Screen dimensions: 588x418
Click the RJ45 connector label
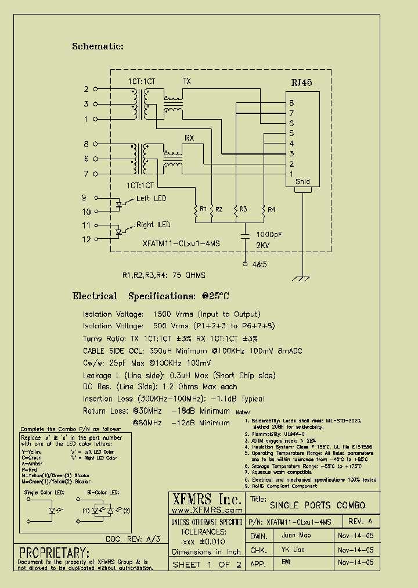click(302, 83)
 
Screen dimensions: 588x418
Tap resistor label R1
click(203, 209)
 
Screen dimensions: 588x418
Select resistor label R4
click(272, 209)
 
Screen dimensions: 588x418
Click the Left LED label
click(151, 199)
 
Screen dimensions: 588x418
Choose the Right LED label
click(153, 225)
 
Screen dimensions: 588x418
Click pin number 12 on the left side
click(86, 239)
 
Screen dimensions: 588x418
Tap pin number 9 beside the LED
click(84, 198)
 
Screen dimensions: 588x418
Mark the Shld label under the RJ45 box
click(302, 182)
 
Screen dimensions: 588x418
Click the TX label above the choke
click(187, 81)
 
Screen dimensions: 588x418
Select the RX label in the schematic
click(189, 137)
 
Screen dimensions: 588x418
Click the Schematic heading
click(98, 46)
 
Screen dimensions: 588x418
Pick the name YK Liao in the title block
click(293, 549)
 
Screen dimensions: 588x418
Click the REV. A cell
click(361, 521)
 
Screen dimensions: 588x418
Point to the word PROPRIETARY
click(55, 551)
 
